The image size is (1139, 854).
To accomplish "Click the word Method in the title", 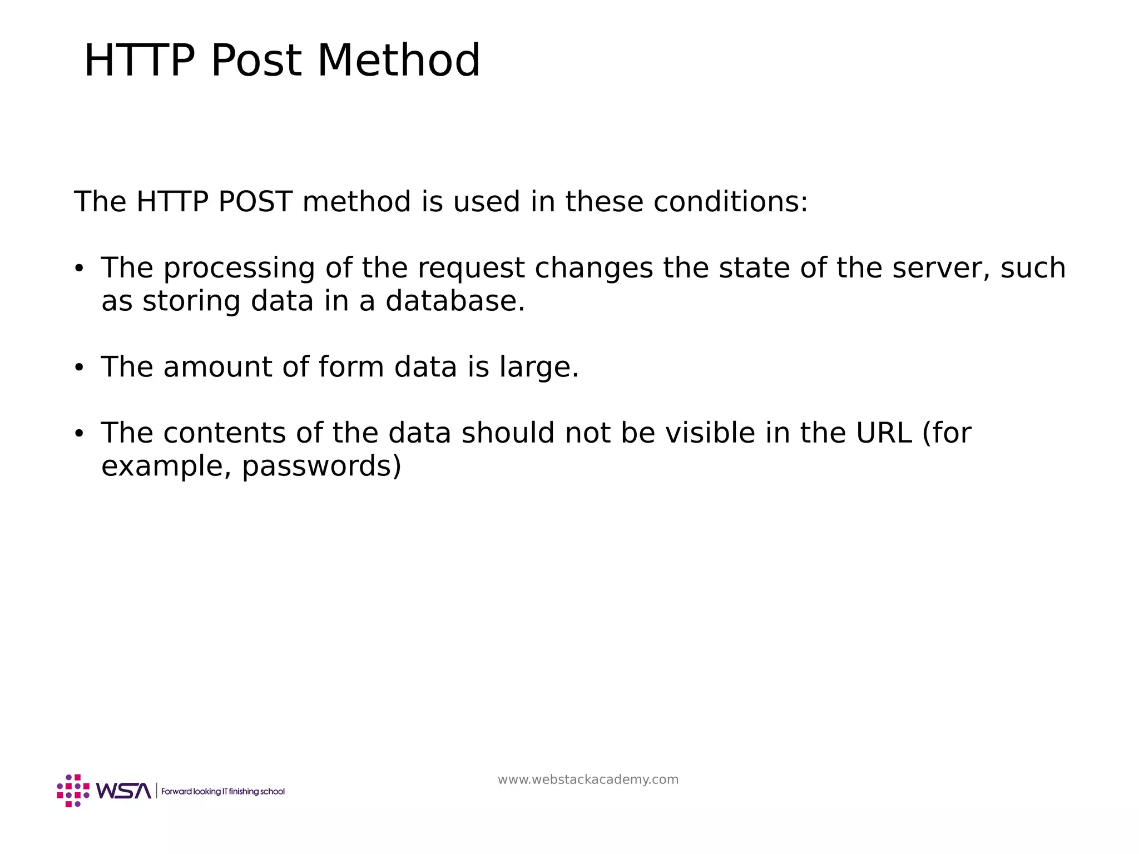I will click(x=398, y=61).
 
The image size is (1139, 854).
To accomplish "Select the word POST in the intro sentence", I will click(x=255, y=201).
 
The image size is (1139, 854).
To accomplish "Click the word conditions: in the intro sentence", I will click(x=730, y=201).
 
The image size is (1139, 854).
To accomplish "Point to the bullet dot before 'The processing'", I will click(x=78, y=269).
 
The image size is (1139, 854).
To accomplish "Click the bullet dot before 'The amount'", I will click(x=78, y=368).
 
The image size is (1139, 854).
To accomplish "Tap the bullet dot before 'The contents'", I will click(x=78, y=433).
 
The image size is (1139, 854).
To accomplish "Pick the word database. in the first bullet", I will click(x=455, y=301).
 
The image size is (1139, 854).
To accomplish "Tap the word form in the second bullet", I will click(x=351, y=367).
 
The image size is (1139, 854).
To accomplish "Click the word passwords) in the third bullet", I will click(x=321, y=466).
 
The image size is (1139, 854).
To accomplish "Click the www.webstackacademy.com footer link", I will click(x=588, y=779).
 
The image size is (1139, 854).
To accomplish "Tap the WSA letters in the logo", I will click(x=123, y=791).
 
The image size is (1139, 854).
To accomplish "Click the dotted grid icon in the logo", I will click(x=73, y=791).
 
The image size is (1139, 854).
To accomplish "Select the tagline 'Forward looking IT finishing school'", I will click(x=222, y=791).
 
